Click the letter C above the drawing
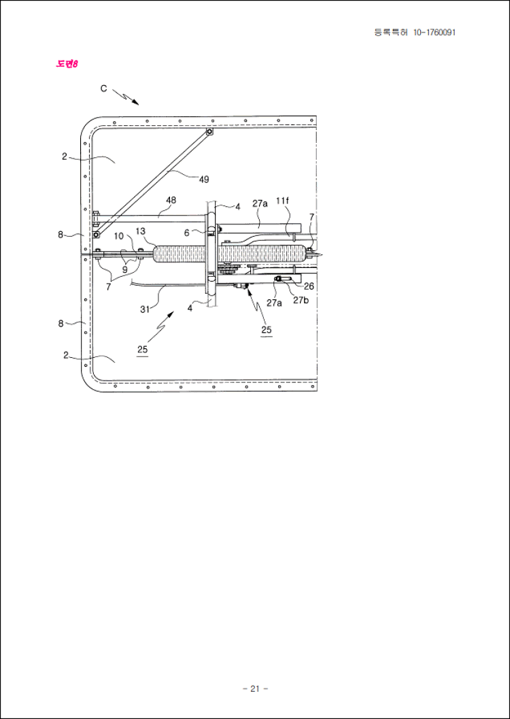[104, 89]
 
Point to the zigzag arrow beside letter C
[126, 95]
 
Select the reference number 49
[204, 180]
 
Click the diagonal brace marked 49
[152, 183]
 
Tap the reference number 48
[171, 200]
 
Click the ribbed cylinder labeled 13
[229, 254]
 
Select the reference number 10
[119, 235]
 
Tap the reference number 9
[124, 270]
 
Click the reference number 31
[145, 309]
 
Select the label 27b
[301, 301]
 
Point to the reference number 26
[309, 286]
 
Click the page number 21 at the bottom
[255, 688]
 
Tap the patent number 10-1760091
[434, 33]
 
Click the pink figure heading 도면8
[67, 64]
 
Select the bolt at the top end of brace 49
[209, 132]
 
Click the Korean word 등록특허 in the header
[391, 33]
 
